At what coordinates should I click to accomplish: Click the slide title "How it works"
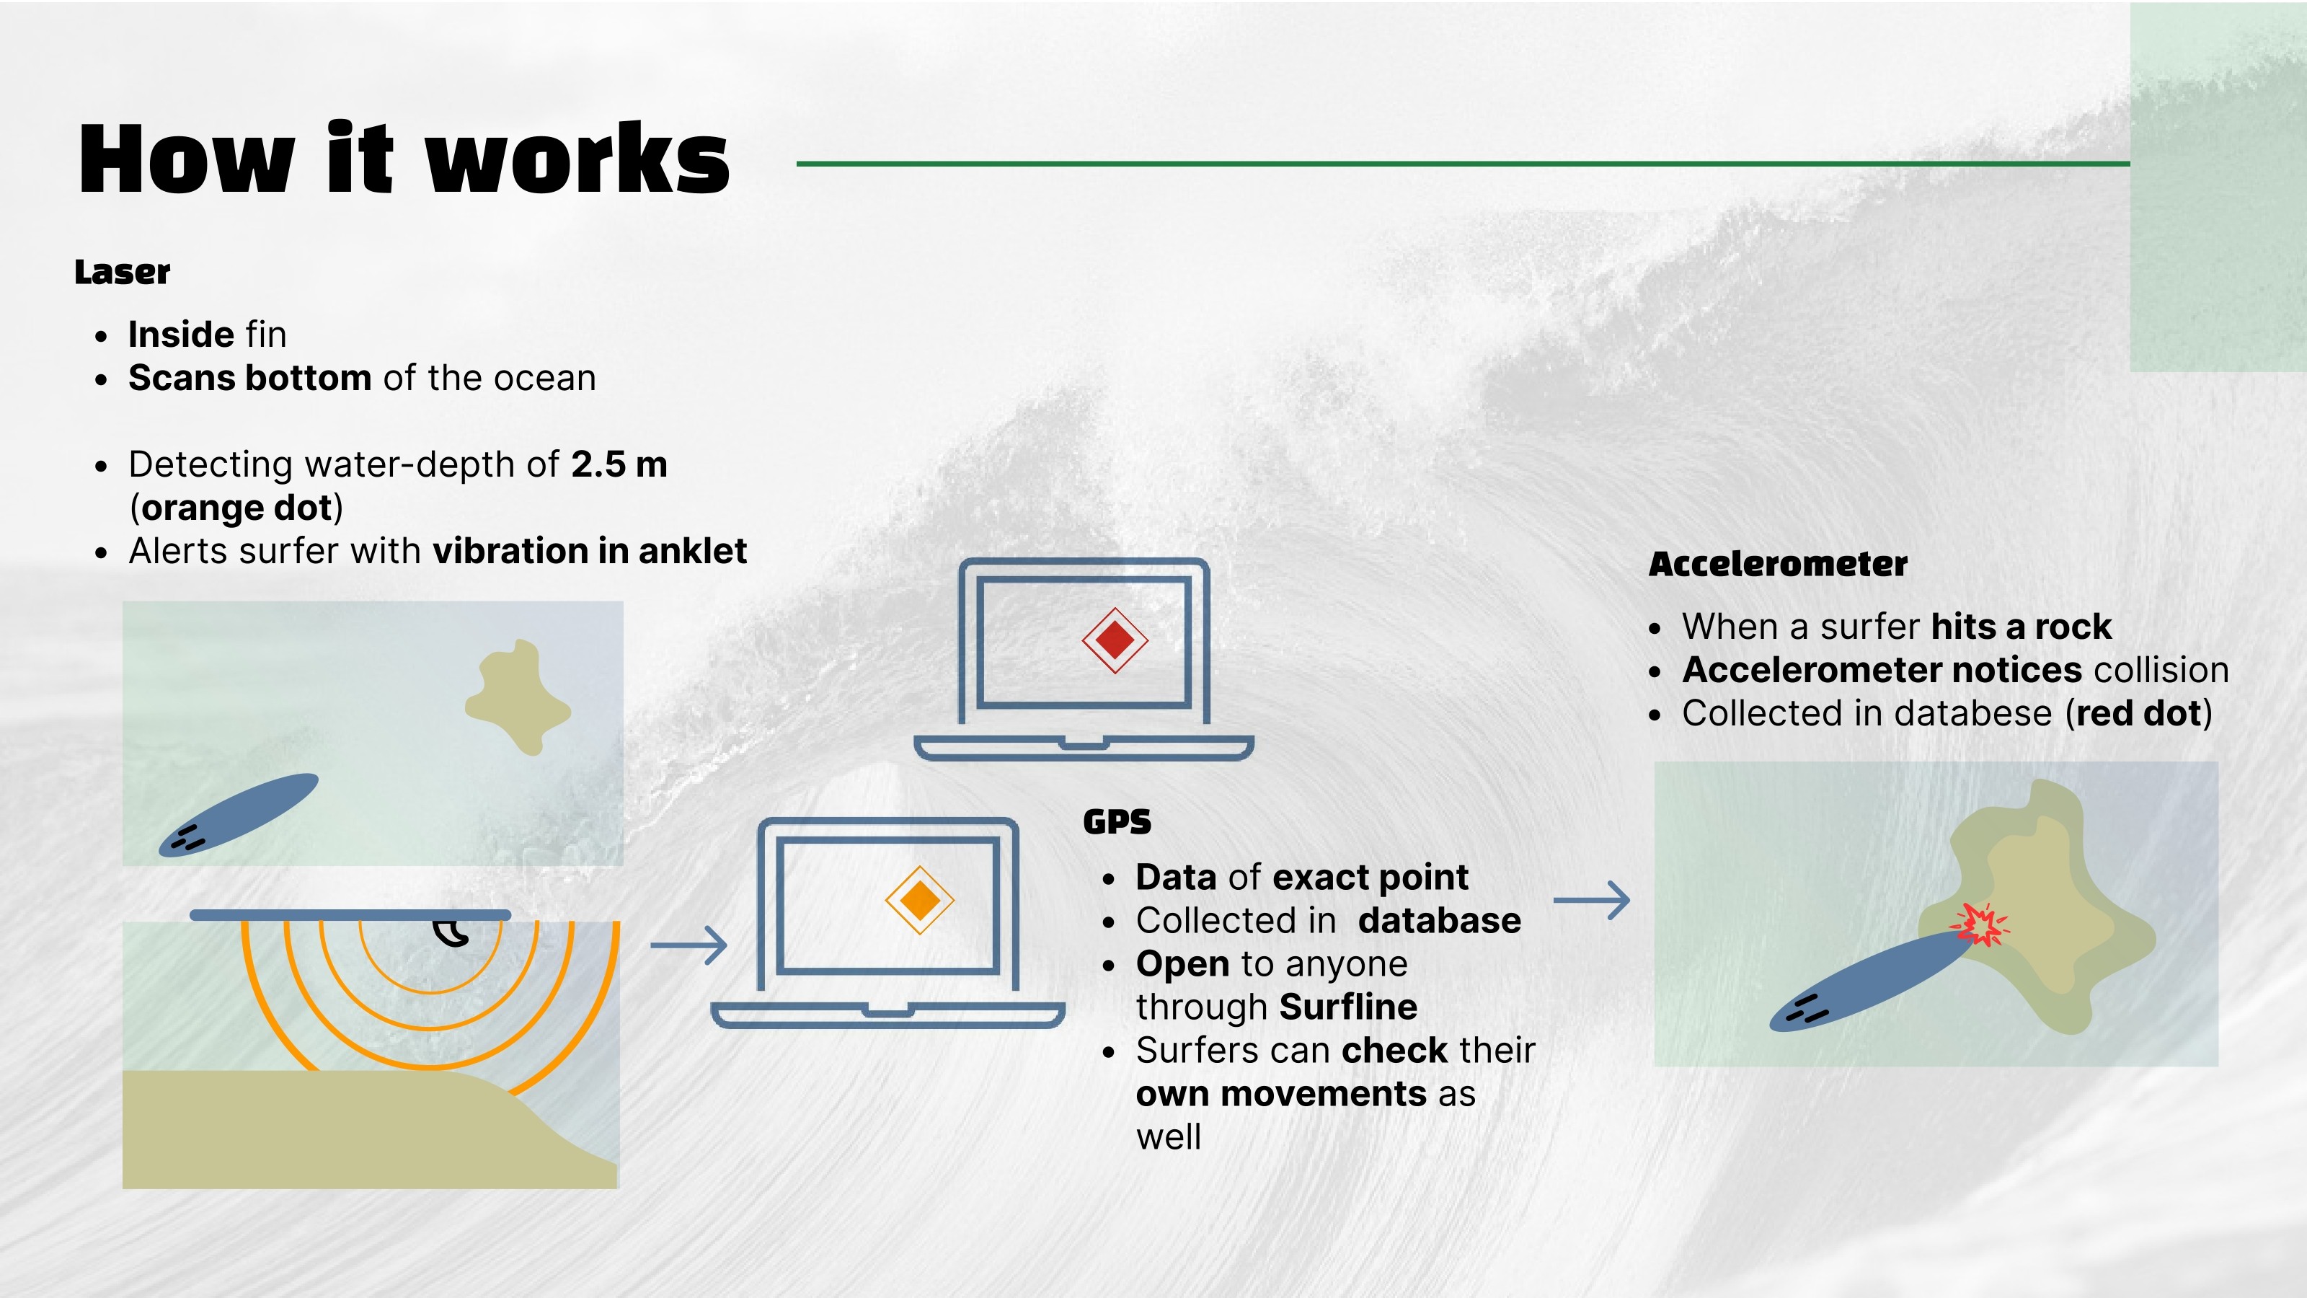404,159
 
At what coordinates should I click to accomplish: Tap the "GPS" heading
1117,822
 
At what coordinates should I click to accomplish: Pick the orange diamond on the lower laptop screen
919,900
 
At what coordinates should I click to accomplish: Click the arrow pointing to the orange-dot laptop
688,945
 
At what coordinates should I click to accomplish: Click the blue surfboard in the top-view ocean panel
238,815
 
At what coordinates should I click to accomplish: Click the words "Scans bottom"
250,379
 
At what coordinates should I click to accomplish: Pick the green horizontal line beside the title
1464,164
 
